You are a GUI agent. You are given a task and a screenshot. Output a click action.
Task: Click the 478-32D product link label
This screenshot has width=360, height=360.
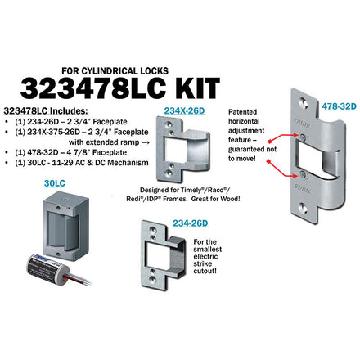(x=339, y=106)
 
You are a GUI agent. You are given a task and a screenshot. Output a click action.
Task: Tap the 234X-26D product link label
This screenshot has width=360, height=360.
(x=184, y=110)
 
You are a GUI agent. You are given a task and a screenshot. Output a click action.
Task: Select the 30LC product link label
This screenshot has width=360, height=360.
(x=55, y=183)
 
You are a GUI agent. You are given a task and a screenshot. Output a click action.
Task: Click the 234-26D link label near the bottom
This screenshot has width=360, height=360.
(x=191, y=223)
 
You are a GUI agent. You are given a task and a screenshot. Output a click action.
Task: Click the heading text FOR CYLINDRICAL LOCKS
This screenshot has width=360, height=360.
(x=115, y=71)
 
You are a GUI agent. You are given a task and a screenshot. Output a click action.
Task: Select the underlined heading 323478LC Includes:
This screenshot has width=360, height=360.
(x=46, y=111)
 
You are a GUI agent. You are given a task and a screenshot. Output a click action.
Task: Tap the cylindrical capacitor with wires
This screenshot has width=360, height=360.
(x=47, y=269)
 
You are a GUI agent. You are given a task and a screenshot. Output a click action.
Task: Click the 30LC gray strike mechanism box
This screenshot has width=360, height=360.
(x=65, y=226)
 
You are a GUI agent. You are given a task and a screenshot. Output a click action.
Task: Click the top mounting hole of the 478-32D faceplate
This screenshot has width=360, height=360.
(x=304, y=102)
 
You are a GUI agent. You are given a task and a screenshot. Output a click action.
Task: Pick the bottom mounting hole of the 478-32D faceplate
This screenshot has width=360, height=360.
(x=304, y=209)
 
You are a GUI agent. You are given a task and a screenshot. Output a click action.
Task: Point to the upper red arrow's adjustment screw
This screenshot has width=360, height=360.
(x=302, y=136)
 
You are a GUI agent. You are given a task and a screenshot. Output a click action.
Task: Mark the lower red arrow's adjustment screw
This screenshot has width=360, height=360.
(x=302, y=173)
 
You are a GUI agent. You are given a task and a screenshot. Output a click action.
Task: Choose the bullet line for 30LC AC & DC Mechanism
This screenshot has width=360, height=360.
(x=77, y=163)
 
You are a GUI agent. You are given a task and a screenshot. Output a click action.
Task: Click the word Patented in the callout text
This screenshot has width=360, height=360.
(x=242, y=112)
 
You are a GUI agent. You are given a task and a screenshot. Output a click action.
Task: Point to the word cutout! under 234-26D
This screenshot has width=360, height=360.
(x=205, y=271)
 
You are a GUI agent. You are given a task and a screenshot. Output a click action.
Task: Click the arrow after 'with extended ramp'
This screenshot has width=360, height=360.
(x=146, y=142)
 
